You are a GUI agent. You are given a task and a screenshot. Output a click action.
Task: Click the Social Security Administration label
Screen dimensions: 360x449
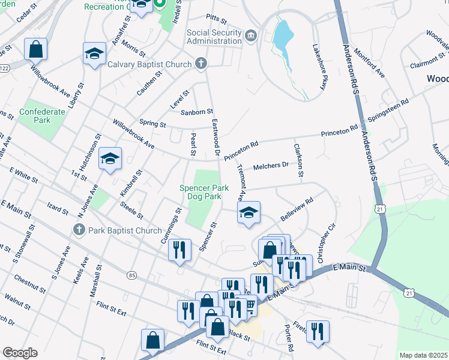tap(214, 37)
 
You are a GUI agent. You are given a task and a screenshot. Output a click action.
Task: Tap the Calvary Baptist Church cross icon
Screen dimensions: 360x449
tap(201, 64)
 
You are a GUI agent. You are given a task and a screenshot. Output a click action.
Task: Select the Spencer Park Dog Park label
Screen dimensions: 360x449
tap(204, 192)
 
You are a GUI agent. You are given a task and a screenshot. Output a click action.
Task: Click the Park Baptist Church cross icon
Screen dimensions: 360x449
tap(78, 230)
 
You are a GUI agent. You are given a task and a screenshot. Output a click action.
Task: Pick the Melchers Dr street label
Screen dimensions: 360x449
tap(271, 166)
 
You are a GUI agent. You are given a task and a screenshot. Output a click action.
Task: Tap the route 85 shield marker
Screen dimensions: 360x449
tap(131, 275)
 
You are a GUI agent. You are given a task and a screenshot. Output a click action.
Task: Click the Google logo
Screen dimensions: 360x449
tap(20, 353)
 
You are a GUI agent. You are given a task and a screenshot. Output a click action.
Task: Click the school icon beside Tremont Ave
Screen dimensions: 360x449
tap(249, 213)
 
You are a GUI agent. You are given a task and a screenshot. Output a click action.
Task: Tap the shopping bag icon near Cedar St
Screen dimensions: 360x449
tap(35, 49)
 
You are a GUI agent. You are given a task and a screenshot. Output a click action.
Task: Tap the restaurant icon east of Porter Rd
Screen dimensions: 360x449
tap(318, 331)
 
